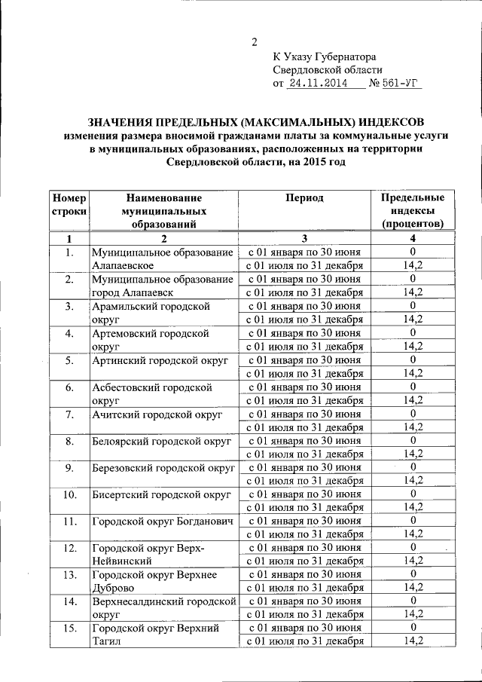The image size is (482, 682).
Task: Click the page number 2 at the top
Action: [254, 41]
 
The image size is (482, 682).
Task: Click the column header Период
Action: [304, 197]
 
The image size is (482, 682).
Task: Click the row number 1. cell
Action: [69, 252]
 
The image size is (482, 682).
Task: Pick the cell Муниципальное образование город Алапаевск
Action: [162, 286]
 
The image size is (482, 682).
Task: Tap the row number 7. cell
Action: [69, 414]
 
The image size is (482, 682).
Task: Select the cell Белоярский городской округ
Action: [161, 441]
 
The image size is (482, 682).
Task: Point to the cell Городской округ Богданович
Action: [163, 521]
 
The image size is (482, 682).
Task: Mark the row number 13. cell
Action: [69, 574]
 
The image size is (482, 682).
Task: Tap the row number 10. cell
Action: [69, 494]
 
